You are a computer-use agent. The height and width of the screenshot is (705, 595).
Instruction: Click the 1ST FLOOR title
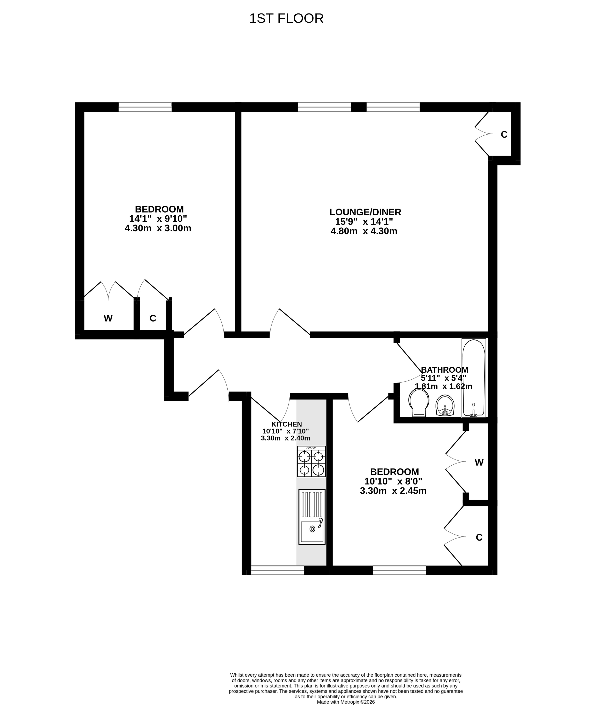[286, 18]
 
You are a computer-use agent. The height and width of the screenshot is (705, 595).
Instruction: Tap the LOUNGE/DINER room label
[365, 212]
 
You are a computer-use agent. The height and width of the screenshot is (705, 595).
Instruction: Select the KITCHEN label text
[286, 424]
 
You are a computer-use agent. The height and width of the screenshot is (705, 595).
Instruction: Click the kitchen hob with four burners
[312, 461]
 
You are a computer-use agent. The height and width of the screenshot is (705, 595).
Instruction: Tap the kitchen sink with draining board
[312, 517]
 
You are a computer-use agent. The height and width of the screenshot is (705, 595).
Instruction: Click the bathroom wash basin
[445, 405]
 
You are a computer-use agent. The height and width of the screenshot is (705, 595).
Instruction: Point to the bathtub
[474, 378]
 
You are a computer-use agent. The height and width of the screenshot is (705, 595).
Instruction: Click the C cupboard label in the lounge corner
[504, 134]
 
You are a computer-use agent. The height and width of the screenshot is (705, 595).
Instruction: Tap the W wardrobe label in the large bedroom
[108, 318]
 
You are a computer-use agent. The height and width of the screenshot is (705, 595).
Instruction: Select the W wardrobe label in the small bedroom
[479, 462]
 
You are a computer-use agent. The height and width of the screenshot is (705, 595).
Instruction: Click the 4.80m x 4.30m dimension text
[364, 231]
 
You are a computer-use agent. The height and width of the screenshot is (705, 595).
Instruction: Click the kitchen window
[278, 570]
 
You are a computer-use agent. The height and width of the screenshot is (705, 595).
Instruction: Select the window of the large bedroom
[145, 107]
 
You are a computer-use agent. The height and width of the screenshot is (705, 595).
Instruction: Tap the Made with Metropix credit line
[346, 702]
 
